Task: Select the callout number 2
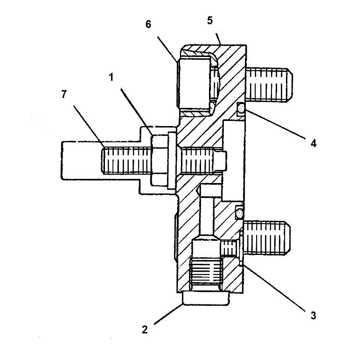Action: point(145,329)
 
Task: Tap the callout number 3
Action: point(313,315)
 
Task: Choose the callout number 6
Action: point(148,24)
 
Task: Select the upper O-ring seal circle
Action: point(241,109)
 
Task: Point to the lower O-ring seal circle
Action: point(240,212)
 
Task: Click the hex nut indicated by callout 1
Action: point(161,159)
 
